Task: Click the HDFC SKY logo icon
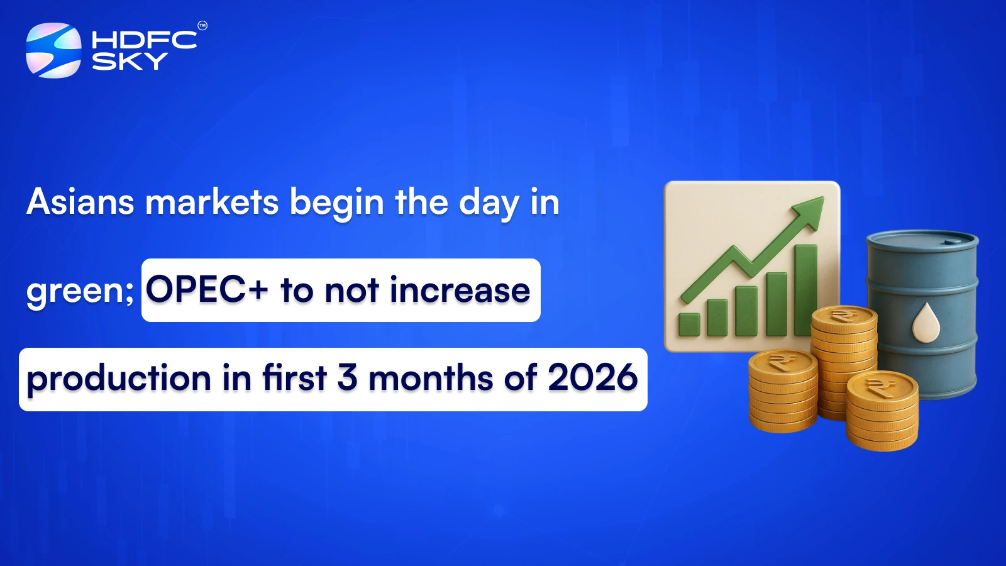tap(53, 50)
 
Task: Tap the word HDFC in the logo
tap(144, 40)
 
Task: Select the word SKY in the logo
tap(130, 61)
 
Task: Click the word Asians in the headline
tap(80, 203)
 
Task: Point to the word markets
tap(212, 203)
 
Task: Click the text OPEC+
tap(207, 291)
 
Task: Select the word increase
tap(460, 291)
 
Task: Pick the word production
tap(119, 379)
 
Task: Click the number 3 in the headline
tap(347, 378)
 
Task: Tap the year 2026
tap(592, 378)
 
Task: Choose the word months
tap(431, 379)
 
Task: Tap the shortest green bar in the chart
tap(689, 324)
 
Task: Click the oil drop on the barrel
tap(926, 323)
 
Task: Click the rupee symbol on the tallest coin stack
tap(843, 314)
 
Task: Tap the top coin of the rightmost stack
tap(882, 386)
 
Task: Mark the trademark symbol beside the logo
tap(202, 26)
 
